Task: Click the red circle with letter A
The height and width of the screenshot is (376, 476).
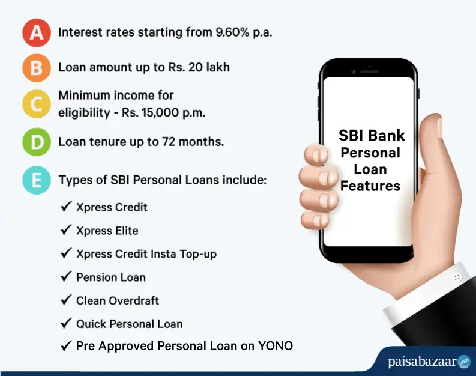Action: (37, 33)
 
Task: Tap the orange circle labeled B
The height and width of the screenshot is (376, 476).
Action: (37, 68)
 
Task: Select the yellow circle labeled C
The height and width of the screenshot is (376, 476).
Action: (37, 104)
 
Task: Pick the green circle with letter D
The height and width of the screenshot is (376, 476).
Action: (37, 142)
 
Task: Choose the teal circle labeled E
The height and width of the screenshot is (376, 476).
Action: (37, 180)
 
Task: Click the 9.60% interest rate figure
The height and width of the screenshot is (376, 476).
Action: (232, 32)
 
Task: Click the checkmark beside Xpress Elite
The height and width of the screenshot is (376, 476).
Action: (66, 230)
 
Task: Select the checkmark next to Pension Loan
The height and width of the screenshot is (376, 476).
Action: (66, 276)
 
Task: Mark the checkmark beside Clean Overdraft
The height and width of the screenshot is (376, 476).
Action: (66, 300)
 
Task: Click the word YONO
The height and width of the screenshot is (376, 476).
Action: (276, 346)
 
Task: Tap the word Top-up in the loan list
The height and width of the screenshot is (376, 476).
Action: (198, 254)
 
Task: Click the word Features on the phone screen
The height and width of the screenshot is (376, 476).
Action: (370, 186)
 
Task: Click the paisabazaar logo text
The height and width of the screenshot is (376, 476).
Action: (422, 362)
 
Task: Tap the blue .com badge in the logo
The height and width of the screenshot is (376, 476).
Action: (464, 362)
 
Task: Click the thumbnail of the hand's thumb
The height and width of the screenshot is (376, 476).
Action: (439, 127)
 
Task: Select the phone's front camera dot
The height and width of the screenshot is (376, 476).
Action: (353, 72)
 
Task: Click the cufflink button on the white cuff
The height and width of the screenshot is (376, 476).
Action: (457, 277)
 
